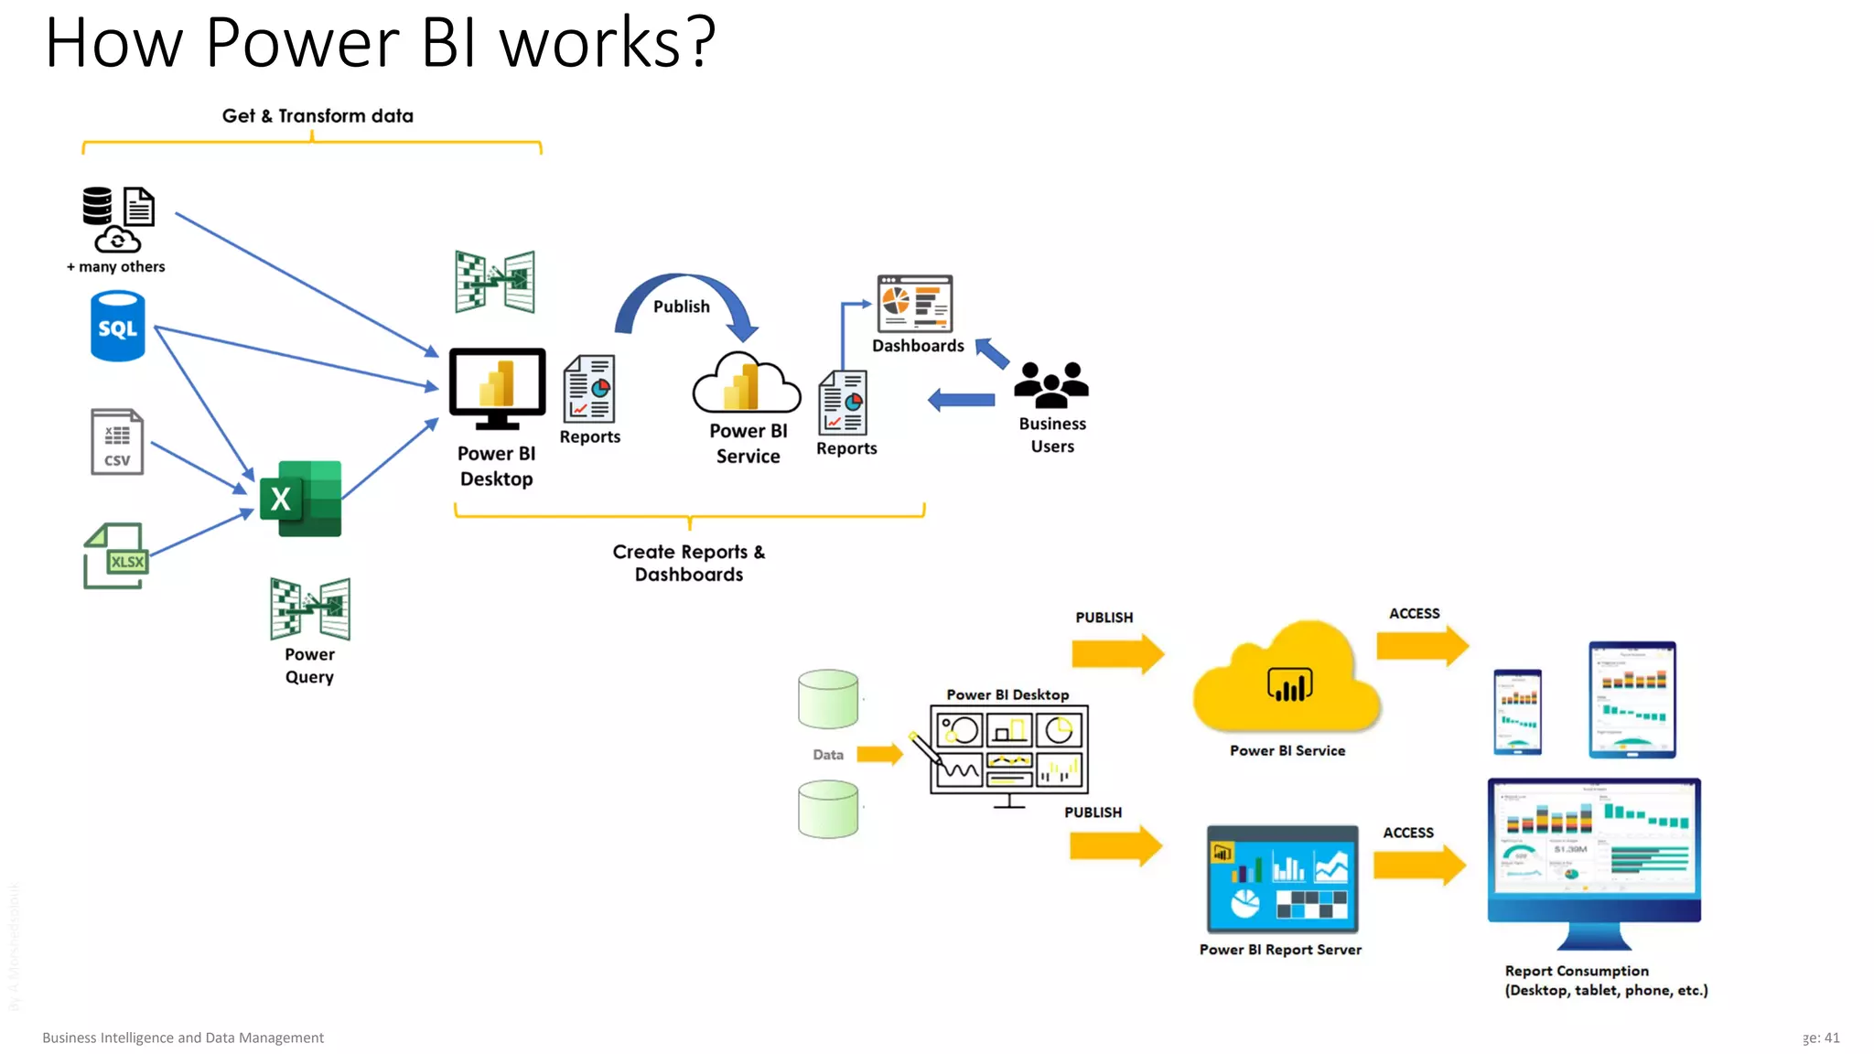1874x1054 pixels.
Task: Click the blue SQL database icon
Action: tap(117, 327)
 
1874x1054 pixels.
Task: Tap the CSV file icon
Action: tap(117, 442)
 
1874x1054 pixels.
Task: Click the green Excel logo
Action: tap(301, 499)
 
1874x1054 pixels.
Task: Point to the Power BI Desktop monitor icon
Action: tap(497, 388)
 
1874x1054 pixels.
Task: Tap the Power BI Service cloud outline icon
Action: tap(746, 384)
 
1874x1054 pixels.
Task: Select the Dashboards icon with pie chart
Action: tap(914, 304)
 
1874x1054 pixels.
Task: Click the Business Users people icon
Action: tap(1051, 384)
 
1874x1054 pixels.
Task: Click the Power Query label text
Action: tap(309, 665)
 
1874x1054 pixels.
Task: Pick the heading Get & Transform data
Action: tap(318, 116)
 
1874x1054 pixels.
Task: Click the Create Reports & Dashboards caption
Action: tap(689, 563)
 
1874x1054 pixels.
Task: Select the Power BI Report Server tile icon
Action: tap(1282, 878)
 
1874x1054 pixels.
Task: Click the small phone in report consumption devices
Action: tap(1517, 712)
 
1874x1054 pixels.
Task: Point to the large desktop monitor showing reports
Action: tap(1594, 851)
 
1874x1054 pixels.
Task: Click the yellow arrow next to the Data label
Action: tap(879, 754)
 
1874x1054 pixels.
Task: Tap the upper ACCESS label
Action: tap(1414, 614)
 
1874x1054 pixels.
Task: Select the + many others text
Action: tap(116, 267)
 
